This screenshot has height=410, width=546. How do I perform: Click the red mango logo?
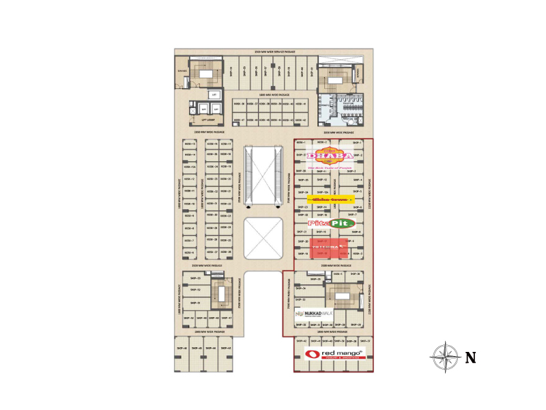(334, 353)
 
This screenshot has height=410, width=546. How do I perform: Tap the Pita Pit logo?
(332, 223)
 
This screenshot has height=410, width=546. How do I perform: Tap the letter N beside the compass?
(470, 357)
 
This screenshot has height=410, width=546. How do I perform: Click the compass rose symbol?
(444, 357)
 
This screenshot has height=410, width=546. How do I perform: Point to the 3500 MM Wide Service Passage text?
(274, 52)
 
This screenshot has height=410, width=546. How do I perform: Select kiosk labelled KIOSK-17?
(226, 144)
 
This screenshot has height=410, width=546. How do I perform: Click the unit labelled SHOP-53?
(195, 279)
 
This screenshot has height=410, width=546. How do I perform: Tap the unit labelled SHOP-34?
(300, 288)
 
